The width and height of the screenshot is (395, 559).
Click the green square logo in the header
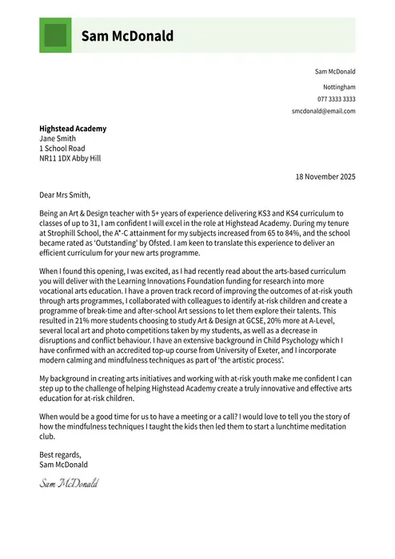click(55, 36)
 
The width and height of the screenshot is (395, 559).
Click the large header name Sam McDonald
click(127, 36)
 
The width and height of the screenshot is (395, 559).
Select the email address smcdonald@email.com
click(324, 112)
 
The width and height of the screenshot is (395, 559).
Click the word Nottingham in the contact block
click(339, 86)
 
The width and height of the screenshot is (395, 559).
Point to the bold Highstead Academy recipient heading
click(73, 129)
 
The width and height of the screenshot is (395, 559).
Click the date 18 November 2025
click(325, 176)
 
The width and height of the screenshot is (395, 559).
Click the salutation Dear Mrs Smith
click(66, 194)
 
